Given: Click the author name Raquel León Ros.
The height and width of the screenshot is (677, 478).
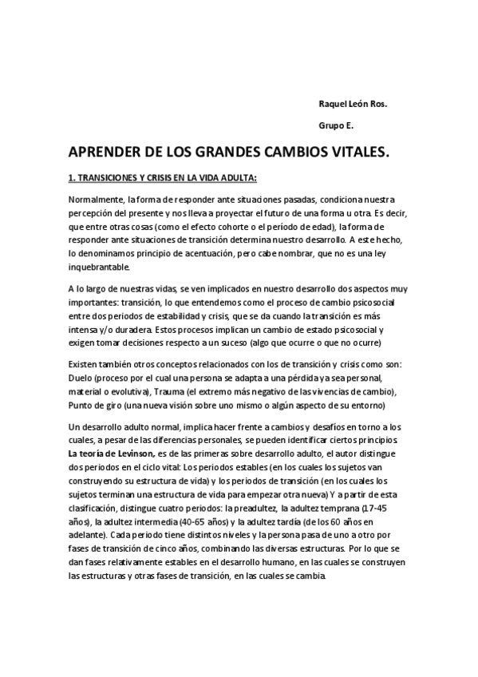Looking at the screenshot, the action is click(353, 105).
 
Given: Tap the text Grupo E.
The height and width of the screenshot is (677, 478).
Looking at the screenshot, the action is click(335, 125).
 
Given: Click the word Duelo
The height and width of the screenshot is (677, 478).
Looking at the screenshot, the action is click(81, 378).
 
